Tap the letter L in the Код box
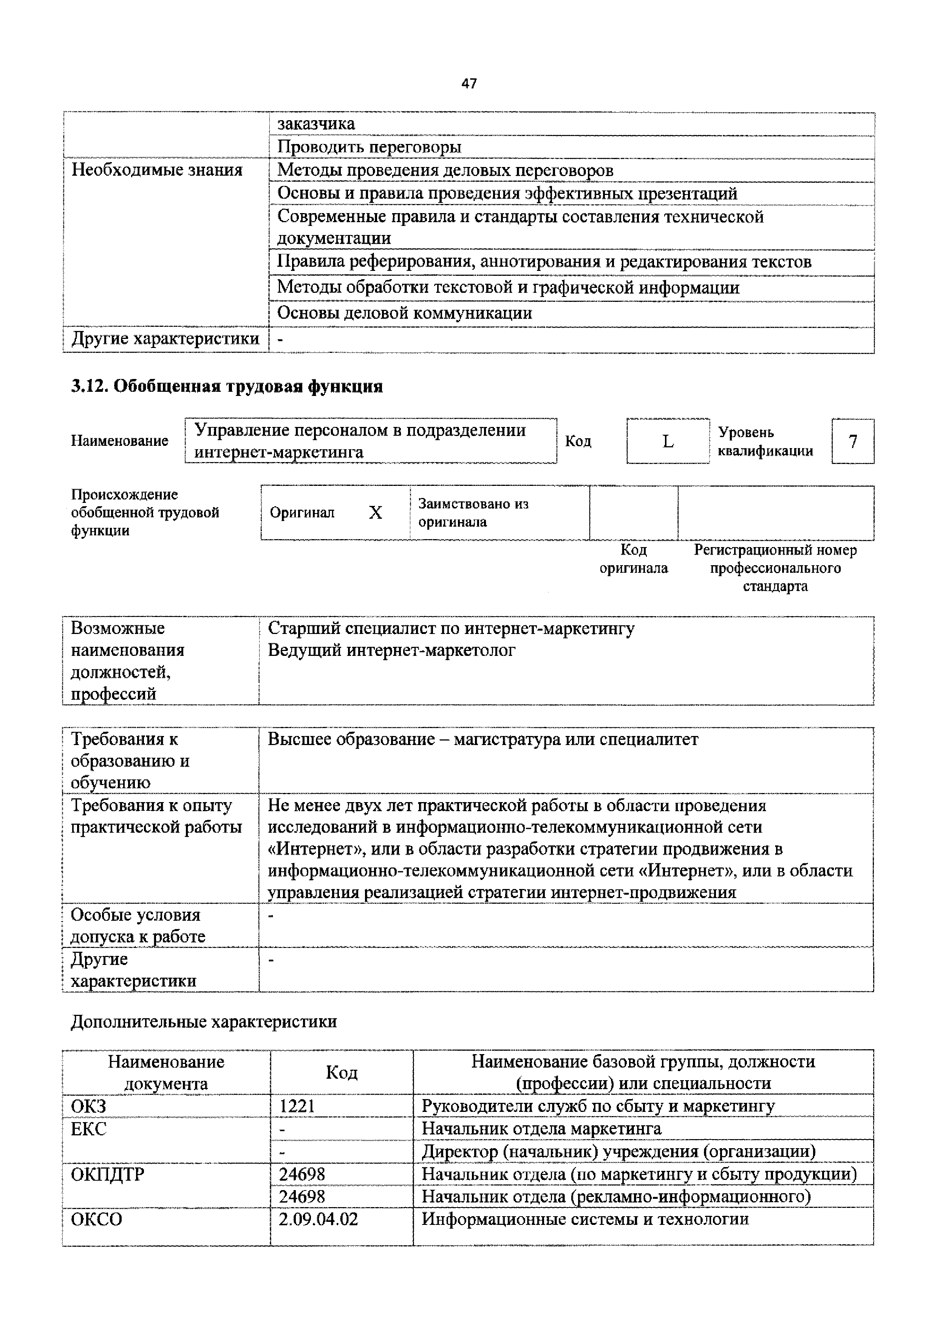point(668,441)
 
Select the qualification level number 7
point(852,441)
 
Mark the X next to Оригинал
point(375,512)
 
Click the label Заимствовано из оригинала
point(473,512)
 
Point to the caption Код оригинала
point(634,559)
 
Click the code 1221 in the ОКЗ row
point(297,1106)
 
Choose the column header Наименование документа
point(166,1072)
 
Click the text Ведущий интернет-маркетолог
point(391,650)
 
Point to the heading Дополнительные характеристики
point(204,1022)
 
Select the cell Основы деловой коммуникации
point(404,313)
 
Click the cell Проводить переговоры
point(369,147)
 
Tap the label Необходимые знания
point(156,170)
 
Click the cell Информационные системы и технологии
point(585,1219)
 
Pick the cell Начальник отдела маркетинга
point(541,1128)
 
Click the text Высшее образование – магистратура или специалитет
point(482,739)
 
